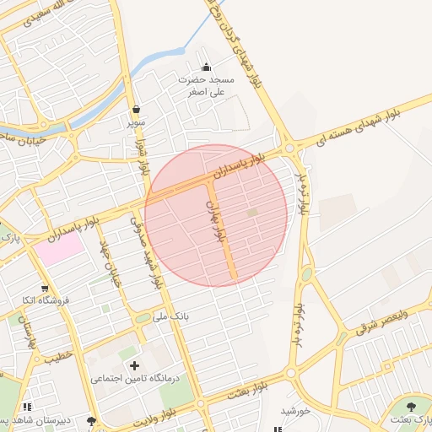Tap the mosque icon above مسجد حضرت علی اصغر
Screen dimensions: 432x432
pyautogui.click(x=206, y=67)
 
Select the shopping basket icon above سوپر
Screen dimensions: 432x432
pyautogui.click(x=136, y=110)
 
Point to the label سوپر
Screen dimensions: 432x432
pyautogui.click(x=137, y=122)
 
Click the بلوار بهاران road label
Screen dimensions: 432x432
pyautogui.click(x=217, y=221)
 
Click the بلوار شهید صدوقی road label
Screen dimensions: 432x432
pyautogui.click(x=144, y=251)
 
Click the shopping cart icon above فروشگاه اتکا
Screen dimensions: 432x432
pyautogui.click(x=44, y=287)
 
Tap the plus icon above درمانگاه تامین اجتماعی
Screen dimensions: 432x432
pyautogui.click(x=134, y=365)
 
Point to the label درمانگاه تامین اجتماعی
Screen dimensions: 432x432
pyautogui.click(x=135, y=379)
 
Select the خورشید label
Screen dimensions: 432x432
pyautogui.click(x=296, y=411)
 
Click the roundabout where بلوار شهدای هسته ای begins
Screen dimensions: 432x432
pyautogui.click(x=289, y=148)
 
